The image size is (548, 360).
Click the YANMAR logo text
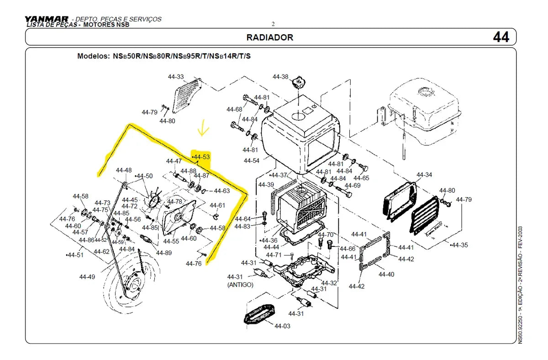(x=47, y=19)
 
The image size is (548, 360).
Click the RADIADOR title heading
(x=269, y=37)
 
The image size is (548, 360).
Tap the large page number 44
(x=501, y=37)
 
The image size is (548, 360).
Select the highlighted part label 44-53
(x=201, y=157)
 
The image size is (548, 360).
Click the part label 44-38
(x=280, y=77)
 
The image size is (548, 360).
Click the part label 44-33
(x=176, y=77)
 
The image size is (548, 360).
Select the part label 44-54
(x=251, y=161)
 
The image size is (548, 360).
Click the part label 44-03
(x=282, y=326)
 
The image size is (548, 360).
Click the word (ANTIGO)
(x=240, y=284)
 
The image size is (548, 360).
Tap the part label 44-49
(x=87, y=277)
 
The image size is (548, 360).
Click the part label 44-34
(x=424, y=175)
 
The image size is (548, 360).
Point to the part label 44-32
(x=329, y=283)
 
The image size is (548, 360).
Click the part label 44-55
(x=171, y=241)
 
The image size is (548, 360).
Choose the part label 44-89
(x=164, y=252)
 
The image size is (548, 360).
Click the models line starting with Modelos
(x=164, y=57)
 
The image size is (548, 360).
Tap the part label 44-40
(x=386, y=274)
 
